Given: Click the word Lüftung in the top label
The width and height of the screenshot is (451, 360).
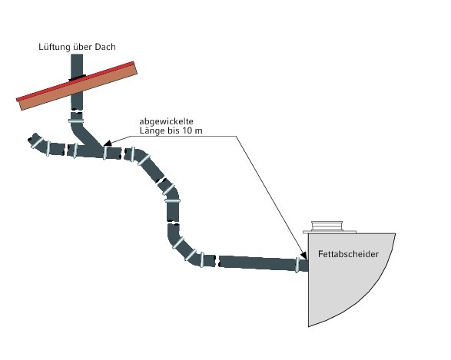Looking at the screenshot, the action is point(55,47).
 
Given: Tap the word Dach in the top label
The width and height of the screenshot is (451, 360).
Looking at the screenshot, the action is point(105,47).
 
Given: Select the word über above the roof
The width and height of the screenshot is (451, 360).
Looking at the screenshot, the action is point(83,47).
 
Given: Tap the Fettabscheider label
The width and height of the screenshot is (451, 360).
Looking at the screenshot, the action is point(348,254).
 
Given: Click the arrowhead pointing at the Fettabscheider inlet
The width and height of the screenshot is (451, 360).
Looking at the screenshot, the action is point(303,255).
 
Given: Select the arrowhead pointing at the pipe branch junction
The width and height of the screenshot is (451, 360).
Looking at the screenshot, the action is point(108,143).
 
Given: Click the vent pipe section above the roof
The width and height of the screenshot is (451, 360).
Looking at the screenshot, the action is point(77,64).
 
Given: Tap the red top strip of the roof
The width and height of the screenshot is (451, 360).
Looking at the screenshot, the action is point(75,81).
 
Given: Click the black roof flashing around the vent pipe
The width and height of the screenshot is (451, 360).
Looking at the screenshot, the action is point(77,77).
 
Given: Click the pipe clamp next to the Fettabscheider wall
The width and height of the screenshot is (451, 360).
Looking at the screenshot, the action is point(297,265).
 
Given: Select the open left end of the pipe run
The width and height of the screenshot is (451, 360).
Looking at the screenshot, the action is point(32,139).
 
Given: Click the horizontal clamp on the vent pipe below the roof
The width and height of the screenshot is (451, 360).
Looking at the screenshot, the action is point(76,121).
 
